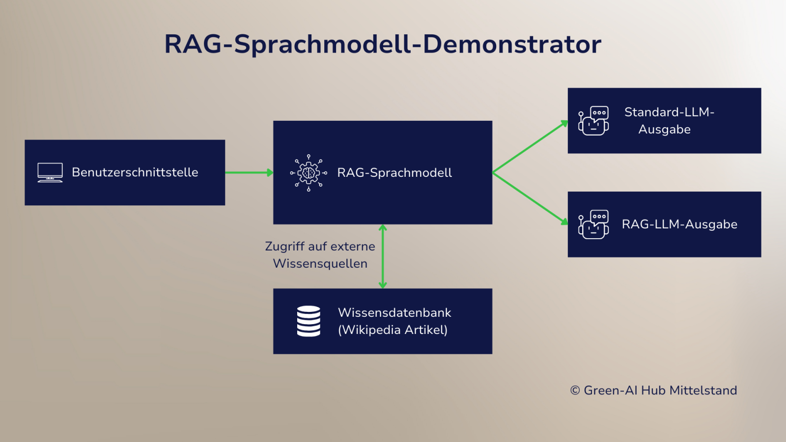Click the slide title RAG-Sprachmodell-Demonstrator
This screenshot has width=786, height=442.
(x=383, y=44)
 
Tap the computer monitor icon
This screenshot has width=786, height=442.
(x=50, y=172)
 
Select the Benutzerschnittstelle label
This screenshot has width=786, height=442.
(x=135, y=172)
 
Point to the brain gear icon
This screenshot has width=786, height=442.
(x=309, y=173)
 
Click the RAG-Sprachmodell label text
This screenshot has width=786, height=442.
(x=394, y=173)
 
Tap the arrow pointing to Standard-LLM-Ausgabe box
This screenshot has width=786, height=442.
(x=530, y=147)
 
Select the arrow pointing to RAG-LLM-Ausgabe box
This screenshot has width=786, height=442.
(x=530, y=198)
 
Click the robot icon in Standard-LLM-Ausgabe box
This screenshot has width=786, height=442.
(x=593, y=121)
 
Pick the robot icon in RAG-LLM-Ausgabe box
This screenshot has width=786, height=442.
(x=593, y=224)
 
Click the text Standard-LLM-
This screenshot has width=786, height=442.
(x=669, y=112)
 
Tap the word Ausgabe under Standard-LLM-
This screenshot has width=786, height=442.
(x=664, y=130)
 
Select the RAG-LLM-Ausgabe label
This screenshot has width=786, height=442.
(x=679, y=224)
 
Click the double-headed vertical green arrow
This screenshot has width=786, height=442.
(x=383, y=256)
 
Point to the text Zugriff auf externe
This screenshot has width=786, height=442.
(x=320, y=247)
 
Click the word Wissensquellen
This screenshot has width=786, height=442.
(x=320, y=264)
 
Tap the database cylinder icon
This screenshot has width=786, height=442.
(x=309, y=321)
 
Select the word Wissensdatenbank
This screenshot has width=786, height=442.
(x=394, y=313)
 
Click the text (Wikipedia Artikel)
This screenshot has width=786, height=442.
(x=393, y=330)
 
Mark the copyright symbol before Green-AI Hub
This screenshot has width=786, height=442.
(x=575, y=390)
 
